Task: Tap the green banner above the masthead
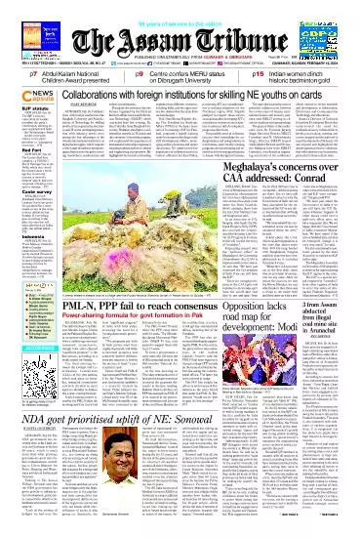point(180,8)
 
